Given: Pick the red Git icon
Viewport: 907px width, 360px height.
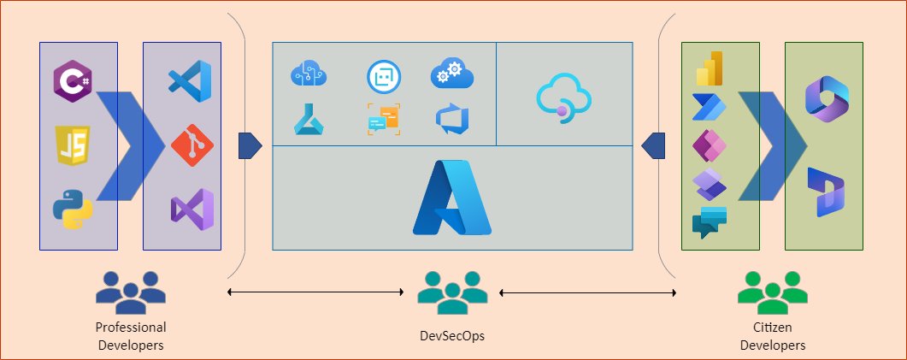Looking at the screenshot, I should tap(190, 145).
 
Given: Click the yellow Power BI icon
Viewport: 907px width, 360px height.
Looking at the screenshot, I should tap(710, 68).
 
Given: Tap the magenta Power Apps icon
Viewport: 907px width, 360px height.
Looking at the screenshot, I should tap(710, 146).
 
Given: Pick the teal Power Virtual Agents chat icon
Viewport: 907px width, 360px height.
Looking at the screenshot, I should tap(710, 221).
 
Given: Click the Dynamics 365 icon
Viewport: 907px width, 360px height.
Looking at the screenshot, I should tap(825, 192).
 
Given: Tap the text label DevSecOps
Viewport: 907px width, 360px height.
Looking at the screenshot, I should tap(452, 336).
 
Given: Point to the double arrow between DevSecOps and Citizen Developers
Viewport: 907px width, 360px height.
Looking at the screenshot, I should tap(587, 293).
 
